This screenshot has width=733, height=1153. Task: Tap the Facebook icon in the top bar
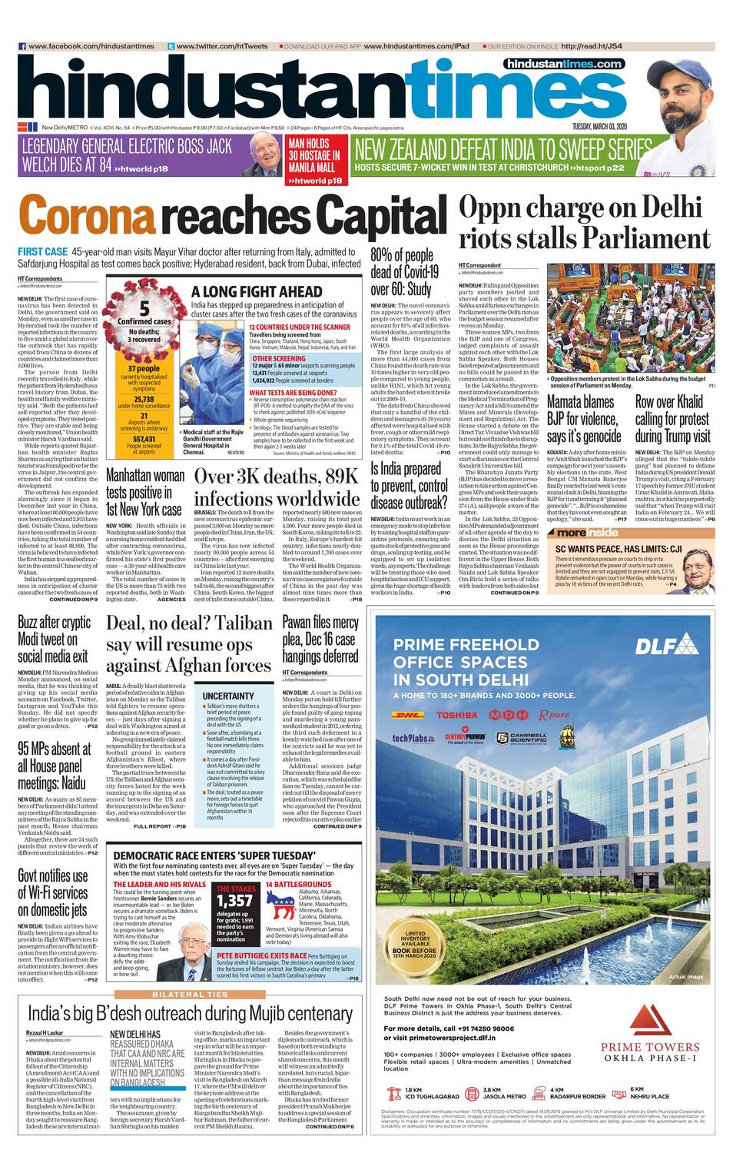coord(22,46)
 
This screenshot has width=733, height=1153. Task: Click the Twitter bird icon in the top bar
coord(171,46)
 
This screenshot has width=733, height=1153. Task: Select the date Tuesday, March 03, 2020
coord(599,126)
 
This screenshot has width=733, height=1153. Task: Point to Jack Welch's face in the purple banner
coord(264,152)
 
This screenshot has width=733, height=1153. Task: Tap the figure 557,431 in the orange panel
coord(144,440)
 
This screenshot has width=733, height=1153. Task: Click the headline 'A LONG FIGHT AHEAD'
coord(257,291)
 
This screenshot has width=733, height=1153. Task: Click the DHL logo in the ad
coord(412,715)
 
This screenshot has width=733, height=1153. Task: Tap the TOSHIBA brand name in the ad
coord(456,715)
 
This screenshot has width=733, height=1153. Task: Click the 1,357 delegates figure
coord(234,901)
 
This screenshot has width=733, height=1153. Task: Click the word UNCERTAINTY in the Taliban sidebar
coord(228,696)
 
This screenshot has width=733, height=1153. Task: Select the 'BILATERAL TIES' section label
coord(189,994)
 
